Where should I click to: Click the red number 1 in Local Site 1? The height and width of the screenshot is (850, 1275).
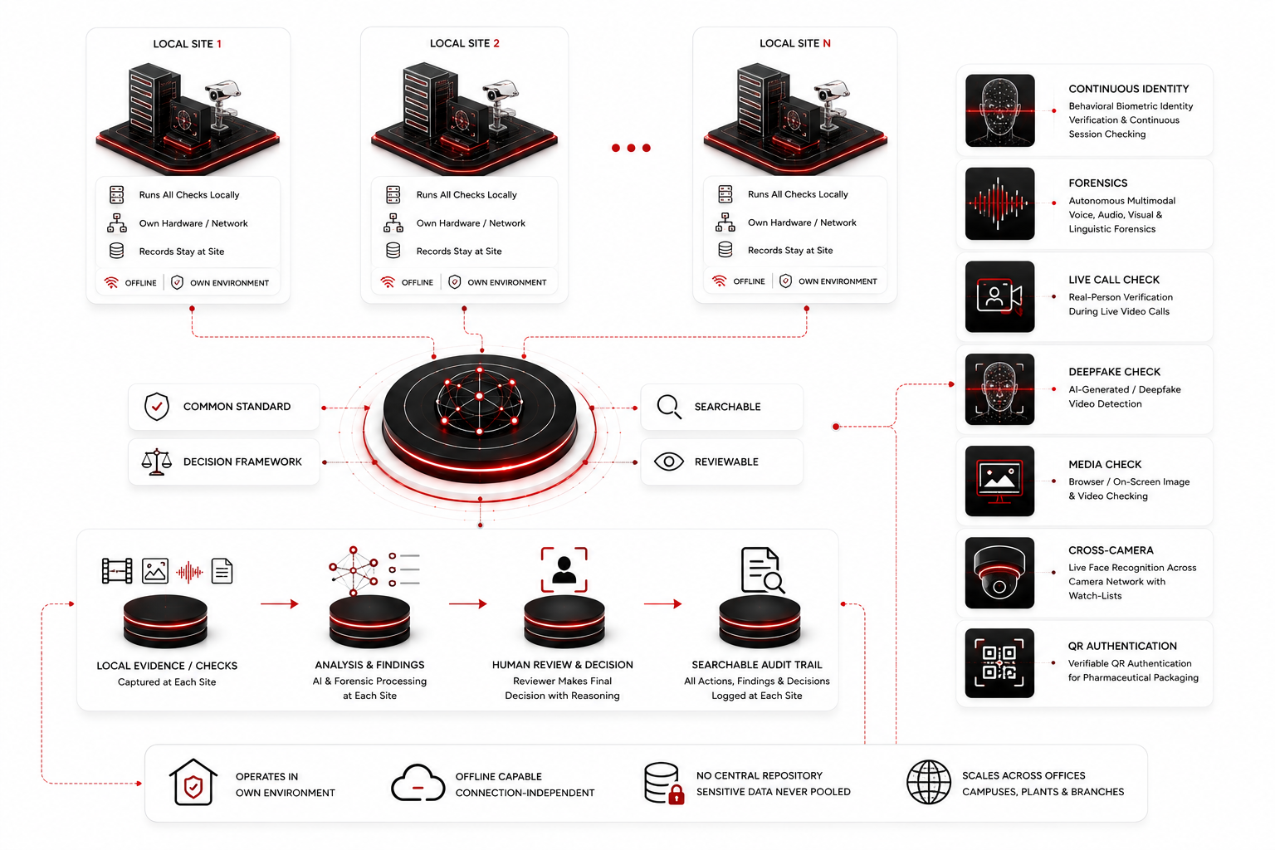point(219,44)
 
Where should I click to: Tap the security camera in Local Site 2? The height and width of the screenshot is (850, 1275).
point(501,102)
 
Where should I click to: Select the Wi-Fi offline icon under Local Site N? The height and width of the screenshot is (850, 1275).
point(720,281)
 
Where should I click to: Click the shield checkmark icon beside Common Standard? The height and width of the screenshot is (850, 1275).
point(157,407)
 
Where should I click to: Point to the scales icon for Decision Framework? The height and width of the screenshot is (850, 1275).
point(157,462)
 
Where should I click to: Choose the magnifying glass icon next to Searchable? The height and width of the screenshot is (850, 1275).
point(669,407)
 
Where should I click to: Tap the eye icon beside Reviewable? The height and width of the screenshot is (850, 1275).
point(669,462)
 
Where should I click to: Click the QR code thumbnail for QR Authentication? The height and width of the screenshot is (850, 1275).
point(999,663)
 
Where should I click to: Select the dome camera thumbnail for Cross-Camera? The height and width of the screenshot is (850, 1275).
point(999,573)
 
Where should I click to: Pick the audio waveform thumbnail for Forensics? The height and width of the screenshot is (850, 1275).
point(999,204)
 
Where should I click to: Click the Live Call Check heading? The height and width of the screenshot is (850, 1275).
point(1114,280)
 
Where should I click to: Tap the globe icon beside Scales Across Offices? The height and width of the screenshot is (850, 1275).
point(928,782)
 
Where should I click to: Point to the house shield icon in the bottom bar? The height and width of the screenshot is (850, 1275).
point(193,782)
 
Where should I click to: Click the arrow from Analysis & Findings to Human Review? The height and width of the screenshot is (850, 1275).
point(468,603)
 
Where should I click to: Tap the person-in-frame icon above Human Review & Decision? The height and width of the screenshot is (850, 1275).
point(564,570)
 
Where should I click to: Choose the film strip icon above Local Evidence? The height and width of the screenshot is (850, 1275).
point(117,571)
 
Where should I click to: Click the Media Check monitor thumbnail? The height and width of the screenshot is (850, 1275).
point(999,481)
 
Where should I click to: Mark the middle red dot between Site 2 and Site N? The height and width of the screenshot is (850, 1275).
point(631,148)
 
